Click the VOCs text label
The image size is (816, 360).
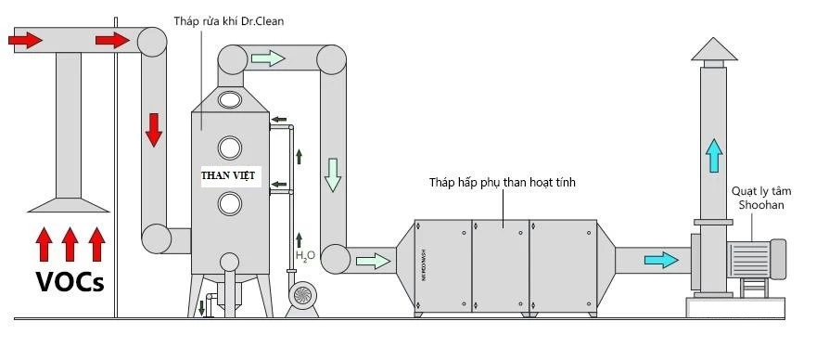click(x=70, y=281)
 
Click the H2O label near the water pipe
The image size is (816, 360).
click(x=305, y=254)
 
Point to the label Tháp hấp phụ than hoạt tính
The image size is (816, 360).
click(x=502, y=184)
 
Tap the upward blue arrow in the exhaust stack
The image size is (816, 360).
click(x=713, y=154)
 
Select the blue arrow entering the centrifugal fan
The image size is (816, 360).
click(x=660, y=260)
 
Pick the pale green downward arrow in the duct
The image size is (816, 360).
click(x=332, y=174)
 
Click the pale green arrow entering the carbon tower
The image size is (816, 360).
click(x=373, y=261)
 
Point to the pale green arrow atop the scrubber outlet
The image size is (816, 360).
click(x=266, y=58)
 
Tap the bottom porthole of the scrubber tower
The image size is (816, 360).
click(x=229, y=203)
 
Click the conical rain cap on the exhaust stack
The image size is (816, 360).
click(x=713, y=50)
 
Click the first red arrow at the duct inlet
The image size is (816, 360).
click(x=24, y=40)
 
